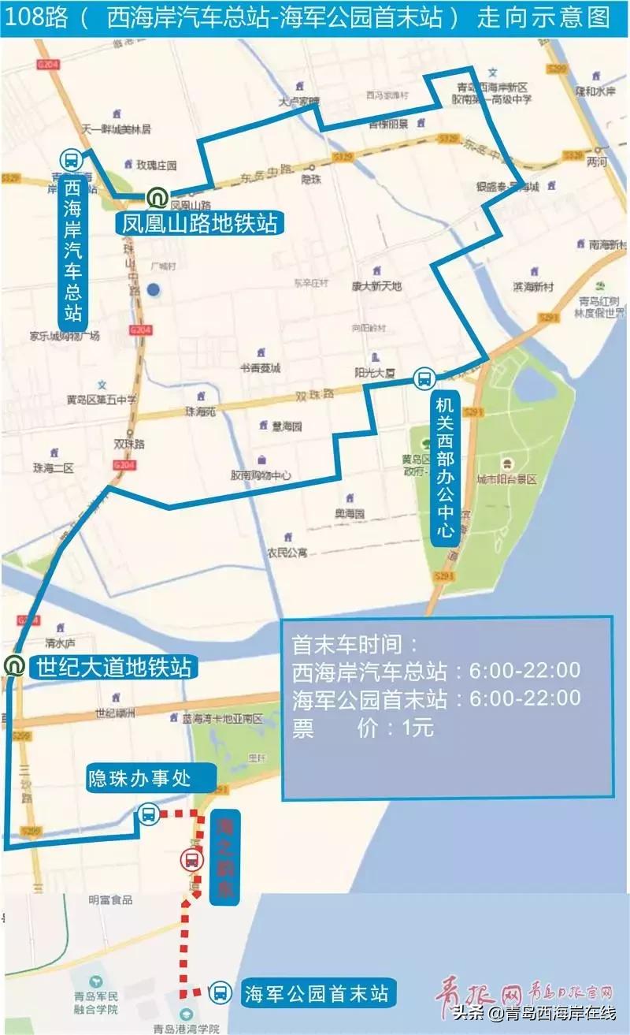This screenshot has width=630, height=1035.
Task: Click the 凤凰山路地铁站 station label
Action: (x=198, y=222)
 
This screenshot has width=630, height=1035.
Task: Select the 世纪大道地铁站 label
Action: (x=112, y=668)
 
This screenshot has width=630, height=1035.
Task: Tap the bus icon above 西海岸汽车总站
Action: (x=70, y=160)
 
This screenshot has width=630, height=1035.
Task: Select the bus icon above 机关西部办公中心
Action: (x=424, y=378)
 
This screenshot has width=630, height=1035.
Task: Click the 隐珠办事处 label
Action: (x=150, y=779)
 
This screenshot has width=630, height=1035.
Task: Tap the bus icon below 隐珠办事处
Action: (x=148, y=814)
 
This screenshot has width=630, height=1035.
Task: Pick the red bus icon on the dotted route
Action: (x=191, y=859)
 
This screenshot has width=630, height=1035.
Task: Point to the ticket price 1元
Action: (x=417, y=728)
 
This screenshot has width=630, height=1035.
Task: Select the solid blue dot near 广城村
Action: (x=154, y=290)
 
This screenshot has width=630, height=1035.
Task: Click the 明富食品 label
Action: (x=110, y=899)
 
